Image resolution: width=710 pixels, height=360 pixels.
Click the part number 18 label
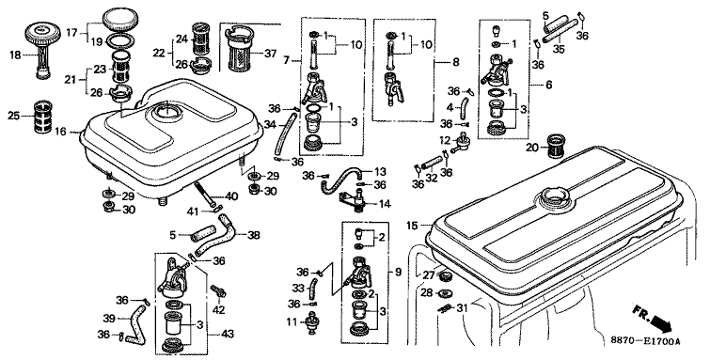(15, 55)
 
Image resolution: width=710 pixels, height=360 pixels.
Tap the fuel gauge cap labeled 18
(42, 50)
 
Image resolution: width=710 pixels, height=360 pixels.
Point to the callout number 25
(13, 116)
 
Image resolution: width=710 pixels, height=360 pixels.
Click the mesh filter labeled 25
(44, 116)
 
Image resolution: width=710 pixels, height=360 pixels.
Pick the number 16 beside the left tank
(61, 132)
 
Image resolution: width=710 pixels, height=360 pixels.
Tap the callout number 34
(270, 124)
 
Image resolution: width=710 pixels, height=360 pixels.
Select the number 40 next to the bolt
(231, 197)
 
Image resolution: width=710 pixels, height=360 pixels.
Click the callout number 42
(219, 310)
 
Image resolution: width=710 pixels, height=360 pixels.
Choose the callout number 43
(228, 335)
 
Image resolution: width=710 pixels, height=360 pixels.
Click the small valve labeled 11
(311, 322)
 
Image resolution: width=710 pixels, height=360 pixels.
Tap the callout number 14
(385, 204)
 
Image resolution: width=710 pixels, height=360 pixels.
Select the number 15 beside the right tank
(412, 225)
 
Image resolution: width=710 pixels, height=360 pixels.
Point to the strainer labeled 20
(557, 146)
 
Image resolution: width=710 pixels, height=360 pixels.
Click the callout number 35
(559, 49)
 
